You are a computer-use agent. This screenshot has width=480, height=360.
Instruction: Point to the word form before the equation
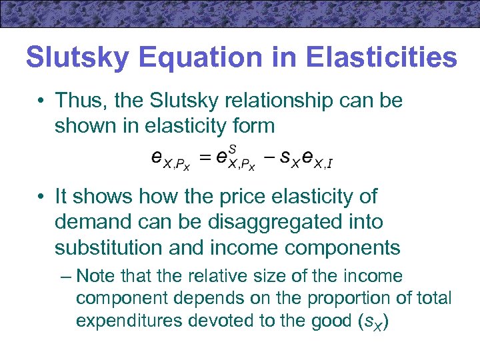point(252,125)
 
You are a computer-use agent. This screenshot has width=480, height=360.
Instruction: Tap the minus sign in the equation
point(271,159)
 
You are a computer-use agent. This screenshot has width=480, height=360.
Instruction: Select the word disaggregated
point(257,222)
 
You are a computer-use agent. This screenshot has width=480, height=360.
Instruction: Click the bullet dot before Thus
point(42,102)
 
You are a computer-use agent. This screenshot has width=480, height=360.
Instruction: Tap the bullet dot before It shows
point(42,197)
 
